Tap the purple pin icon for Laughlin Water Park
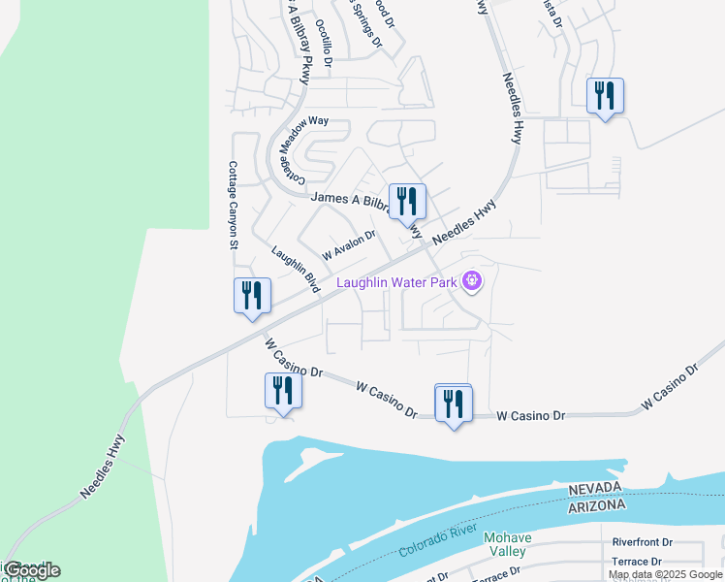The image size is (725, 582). click(472, 282)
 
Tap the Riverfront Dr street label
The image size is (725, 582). click(642, 543)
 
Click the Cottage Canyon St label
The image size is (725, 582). click(233, 206)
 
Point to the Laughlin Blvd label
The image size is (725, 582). click(296, 269)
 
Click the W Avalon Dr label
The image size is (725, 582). click(349, 244)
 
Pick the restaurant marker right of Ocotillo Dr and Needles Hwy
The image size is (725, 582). click(605, 96)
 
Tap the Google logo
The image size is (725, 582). click(32, 570)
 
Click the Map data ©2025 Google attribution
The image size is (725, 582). click(665, 574)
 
